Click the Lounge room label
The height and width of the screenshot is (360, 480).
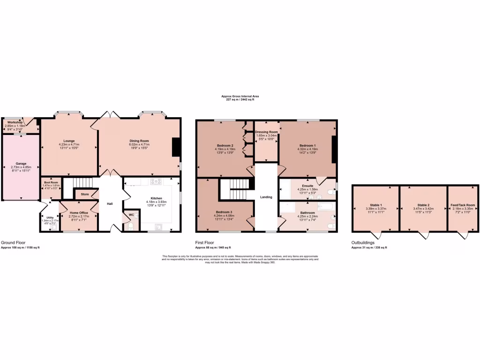pyautogui.click(x=69, y=141)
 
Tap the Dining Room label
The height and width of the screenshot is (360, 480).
pyautogui.click(x=139, y=141)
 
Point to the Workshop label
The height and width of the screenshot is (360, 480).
pyautogui.click(x=15, y=122)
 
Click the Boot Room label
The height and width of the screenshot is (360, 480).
pyautogui.click(x=51, y=182)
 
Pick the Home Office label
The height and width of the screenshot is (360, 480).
pyautogui.click(x=78, y=213)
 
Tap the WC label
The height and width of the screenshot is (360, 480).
pyautogui.click(x=131, y=216)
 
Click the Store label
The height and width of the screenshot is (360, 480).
pyautogui.click(x=85, y=194)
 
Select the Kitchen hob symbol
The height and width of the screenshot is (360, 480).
pyautogui.click(x=156, y=181)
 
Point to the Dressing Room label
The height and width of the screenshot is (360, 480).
pyautogui.click(x=266, y=132)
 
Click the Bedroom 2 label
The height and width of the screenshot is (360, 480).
pyautogui.click(x=225, y=145)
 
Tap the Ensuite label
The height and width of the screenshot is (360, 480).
pyautogui.click(x=307, y=186)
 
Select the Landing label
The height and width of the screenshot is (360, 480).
pyautogui.click(x=266, y=197)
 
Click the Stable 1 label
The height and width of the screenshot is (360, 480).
pyautogui.click(x=375, y=205)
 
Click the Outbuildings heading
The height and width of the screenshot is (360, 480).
pyautogui.click(x=363, y=243)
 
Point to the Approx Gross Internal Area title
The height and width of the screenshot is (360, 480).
pyautogui.click(x=240, y=96)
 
